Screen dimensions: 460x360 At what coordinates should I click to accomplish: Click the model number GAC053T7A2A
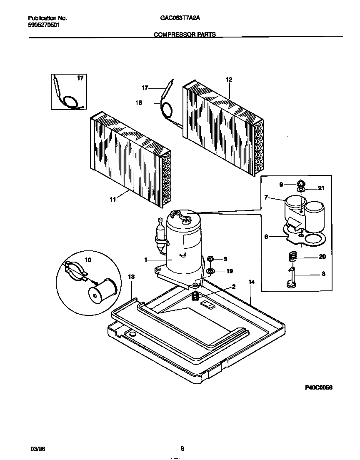(179, 18)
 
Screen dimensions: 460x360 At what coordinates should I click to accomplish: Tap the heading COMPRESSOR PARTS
(185, 35)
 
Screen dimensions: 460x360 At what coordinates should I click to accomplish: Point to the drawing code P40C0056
(319, 387)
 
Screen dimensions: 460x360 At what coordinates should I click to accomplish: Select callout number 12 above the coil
(229, 79)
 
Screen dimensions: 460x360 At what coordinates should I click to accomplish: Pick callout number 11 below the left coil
(112, 200)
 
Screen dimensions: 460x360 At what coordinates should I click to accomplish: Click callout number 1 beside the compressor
(146, 260)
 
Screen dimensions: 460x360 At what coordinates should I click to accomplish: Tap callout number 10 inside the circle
(87, 260)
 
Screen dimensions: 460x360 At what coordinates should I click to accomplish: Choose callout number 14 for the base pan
(251, 282)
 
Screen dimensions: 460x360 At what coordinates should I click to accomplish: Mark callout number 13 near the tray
(131, 276)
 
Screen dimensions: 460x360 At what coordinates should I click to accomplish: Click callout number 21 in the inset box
(320, 188)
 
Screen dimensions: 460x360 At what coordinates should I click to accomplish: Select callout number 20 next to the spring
(322, 257)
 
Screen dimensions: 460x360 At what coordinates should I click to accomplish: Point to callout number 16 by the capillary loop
(139, 104)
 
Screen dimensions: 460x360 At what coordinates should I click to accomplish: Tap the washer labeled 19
(210, 272)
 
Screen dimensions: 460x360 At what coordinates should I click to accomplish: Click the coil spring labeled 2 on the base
(194, 296)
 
